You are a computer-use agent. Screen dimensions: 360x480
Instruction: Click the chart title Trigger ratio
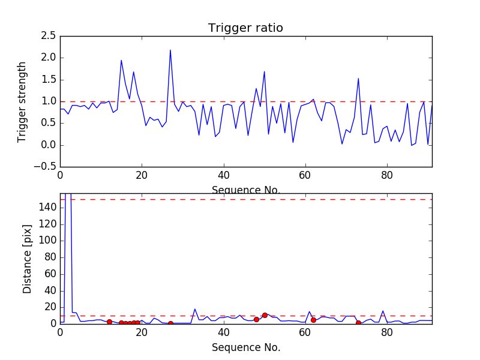tap(245, 28)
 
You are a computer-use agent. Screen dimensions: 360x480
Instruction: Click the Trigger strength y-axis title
tap(22, 101)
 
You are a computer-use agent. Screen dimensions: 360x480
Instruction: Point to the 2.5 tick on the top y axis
tap(49, 36)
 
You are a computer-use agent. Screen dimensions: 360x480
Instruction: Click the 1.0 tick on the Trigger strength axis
tap(49, 101)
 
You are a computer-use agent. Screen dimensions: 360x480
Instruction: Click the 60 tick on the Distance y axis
tap(50, 274)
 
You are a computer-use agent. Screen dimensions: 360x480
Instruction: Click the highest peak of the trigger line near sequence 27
tap(170, 50)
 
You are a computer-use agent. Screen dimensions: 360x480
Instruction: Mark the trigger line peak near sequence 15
tap(121, 60)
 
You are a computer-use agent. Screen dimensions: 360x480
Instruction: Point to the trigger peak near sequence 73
tap(358, 78)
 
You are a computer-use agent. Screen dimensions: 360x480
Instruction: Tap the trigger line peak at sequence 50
tap(264, 71)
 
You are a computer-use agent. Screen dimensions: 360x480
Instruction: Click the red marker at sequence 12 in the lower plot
tap(109, 322)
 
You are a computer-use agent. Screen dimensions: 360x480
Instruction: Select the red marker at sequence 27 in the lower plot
tap(170, 323)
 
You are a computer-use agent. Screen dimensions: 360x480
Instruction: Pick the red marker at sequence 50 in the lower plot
tap(265, 315)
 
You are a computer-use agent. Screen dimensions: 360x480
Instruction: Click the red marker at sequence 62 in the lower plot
tap(313, 320)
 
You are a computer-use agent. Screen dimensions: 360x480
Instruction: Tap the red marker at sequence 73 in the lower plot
tap(358, 323)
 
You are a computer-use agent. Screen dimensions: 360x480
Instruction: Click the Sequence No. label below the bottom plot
tap(245, 347)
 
